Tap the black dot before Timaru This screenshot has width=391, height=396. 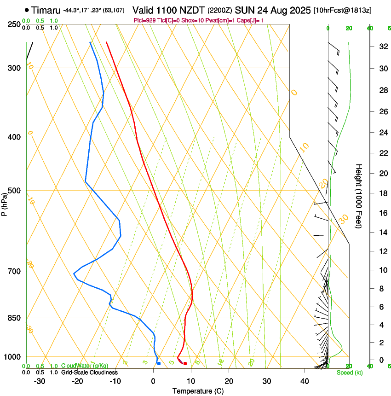point(27,10)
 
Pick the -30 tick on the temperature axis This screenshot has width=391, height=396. point(40,381)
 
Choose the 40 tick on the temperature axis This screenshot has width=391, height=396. point(304,381)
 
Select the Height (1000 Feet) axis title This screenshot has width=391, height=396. point(359,196)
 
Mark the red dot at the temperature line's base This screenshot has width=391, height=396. point(185,364)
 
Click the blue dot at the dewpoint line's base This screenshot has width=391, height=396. point(159,364)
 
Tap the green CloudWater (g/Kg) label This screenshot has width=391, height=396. point(85,366)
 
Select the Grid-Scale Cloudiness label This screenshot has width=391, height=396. point(90,373)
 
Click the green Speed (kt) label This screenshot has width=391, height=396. point(349,373)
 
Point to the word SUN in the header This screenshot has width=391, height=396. point(243,10)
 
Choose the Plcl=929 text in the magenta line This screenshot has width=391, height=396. point(144,20)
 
